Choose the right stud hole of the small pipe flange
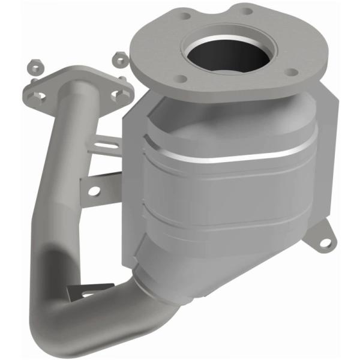[118, 94]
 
